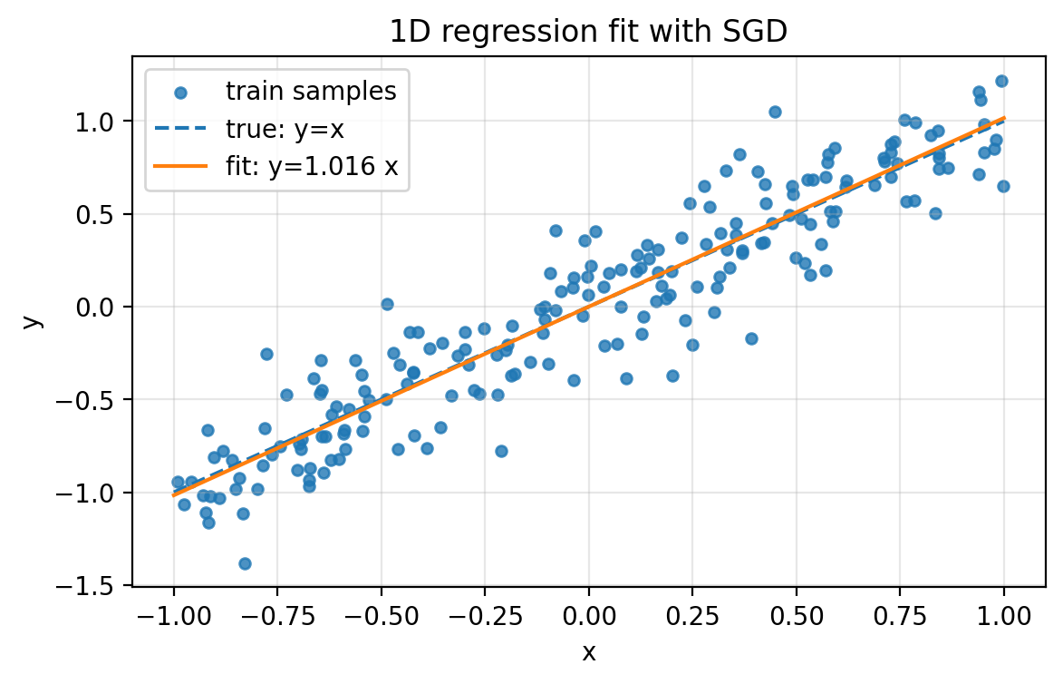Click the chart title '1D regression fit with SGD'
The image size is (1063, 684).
tap(588, 32)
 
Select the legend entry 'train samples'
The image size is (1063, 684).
tap(311, 91)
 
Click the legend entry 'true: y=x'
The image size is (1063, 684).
tap(285, 128)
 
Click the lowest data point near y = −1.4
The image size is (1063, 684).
tap(245, 563)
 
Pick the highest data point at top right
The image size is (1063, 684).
tap(1001, 81)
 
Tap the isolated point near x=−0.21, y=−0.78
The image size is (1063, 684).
tap(501, 451)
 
